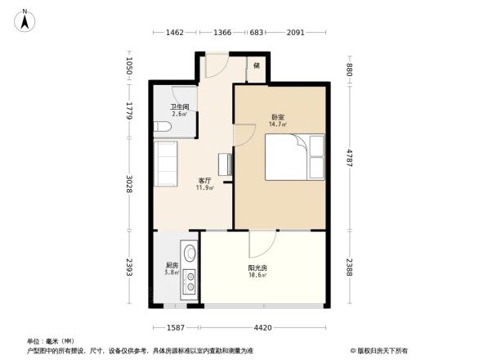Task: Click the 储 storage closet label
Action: (x=257, y=65)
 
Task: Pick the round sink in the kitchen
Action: (x=190, y=254)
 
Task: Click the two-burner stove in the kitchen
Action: (x=190, y=281)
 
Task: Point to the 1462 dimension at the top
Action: (x=175, y=33)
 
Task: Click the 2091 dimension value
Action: (x=296, y=33)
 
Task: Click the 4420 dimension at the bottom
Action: (x=262, y=327)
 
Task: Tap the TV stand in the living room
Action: (x=224, y=164)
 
